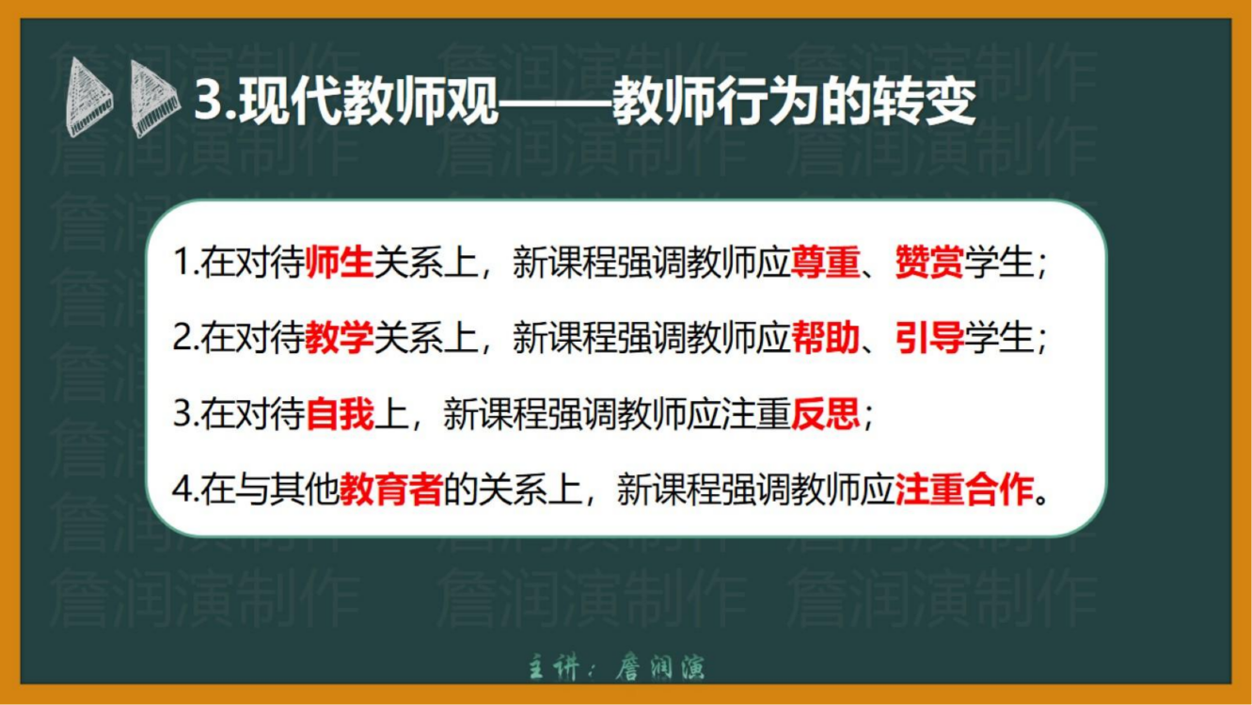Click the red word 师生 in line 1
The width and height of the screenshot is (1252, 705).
[340, 262]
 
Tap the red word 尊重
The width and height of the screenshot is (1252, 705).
[825, 262]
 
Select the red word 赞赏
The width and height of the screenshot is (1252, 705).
[929, 262]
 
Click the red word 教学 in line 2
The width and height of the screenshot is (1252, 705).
[340, 338]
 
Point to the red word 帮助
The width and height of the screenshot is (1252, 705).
[825, 338]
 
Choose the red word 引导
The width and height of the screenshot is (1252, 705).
[929, 338]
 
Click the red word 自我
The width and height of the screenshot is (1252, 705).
[340, 414]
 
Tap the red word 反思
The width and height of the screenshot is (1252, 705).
[825, 414]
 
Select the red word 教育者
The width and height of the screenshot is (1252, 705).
[391, 489]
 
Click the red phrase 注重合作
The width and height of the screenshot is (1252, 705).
[964, 489]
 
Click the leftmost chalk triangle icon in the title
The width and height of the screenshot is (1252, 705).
[88, 98]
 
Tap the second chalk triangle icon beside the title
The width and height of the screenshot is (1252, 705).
[154, 99]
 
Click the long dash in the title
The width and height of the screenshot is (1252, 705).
[555, 104]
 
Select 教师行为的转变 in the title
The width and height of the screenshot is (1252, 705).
[794, 102]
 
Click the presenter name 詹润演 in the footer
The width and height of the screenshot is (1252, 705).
[659, 667]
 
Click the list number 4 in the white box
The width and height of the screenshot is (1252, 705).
[182, 489]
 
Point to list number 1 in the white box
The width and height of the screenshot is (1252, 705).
[182, 263]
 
